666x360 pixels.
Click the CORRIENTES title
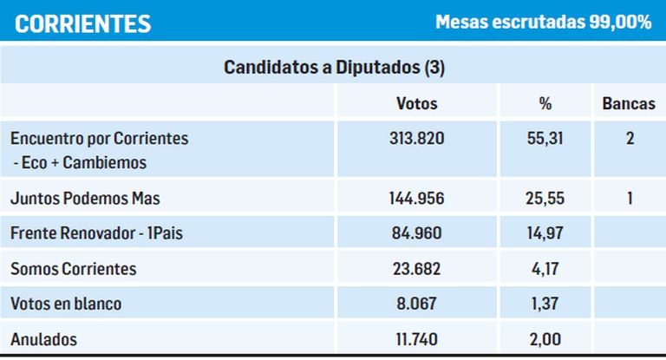[x=82, y=23]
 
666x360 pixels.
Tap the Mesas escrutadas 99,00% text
[x=543, y=23]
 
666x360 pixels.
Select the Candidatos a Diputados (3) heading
[x=334, y=67]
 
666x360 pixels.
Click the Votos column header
[x=416, y=104]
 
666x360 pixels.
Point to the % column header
[x=545, y=104]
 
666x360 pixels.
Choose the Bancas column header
[x=629, y=104]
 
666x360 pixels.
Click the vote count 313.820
[x=416, y=139]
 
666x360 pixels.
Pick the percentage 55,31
[x=545, y=139]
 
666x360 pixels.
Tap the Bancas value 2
[x=630, y=139]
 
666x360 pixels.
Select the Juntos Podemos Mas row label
[x=85, y=199]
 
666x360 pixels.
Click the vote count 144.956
[x=416, y=199]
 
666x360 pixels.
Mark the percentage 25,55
[x=545, y=199]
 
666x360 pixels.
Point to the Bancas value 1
[x=630, y=199]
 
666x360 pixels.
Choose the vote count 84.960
[x=416, y=233]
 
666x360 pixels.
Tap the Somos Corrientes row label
[x=73, y=269]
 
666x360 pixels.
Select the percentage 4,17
[x=545, y=269]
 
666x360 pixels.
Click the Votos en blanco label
[x=66, y=304]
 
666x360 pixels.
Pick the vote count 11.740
[x=416, y=339]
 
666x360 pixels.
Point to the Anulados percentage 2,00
[x=545, y=339]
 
